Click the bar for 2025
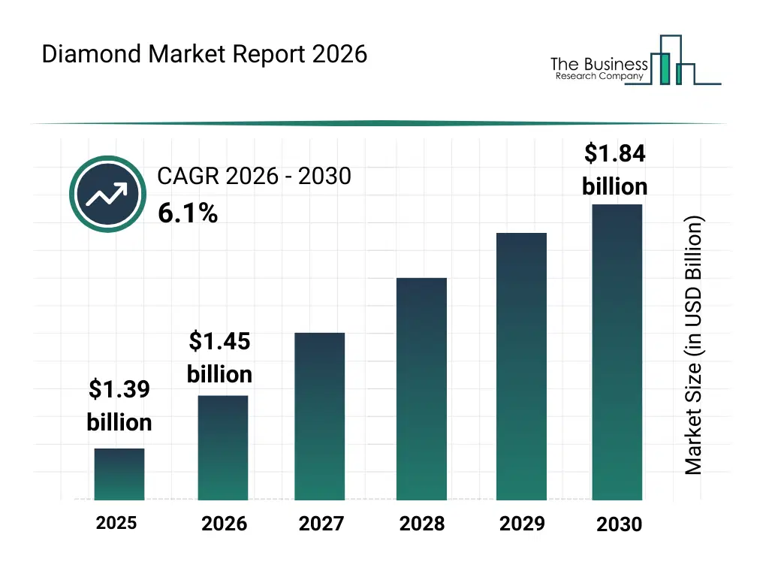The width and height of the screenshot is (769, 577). click(119, 474)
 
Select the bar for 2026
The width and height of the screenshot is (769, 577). click(223, 447)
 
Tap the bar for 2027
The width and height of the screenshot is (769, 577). click(320, 416)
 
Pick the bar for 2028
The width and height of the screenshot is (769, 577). click(421, 388)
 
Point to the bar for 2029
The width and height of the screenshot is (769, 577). click(522, 366)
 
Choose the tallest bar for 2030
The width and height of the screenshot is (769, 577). click(617, 352)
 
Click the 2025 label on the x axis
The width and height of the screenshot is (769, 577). click(116, 522)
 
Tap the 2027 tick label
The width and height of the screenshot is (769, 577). click(321, 524)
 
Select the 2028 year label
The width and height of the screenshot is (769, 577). click(421, 524)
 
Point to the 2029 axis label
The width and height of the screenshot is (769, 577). click(522, 523)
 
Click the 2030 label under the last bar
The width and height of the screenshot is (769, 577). click(620, 524)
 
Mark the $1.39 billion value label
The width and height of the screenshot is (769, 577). click(119, 406)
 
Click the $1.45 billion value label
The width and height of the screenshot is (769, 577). click(219, 358)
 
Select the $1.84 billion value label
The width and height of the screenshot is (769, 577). click(615, 170)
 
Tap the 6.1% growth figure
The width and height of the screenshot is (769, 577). click(188, 214)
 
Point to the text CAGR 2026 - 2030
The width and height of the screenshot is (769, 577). click(254, 177)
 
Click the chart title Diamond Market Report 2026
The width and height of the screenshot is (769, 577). click(204, 55)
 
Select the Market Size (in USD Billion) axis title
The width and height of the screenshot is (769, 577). click(694, 346)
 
